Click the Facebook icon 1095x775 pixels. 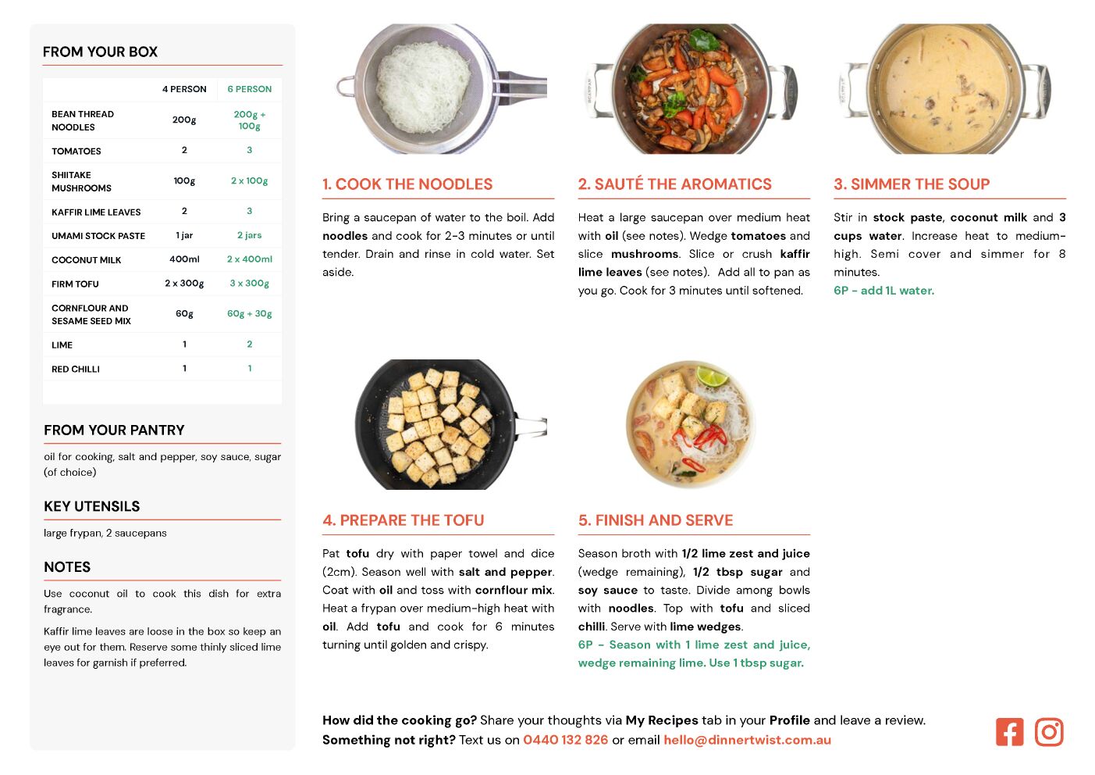pos(1009,732)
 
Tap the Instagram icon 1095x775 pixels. pos(1048,732)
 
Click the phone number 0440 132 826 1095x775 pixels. pos(565,740)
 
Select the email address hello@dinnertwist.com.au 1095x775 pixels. pos(747,740)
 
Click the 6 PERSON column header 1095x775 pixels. pos(249,89)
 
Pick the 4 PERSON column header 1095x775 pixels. pos(184,89)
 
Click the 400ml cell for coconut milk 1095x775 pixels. pos(184,259)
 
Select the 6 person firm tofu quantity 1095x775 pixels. pos(249,284)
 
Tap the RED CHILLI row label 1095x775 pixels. pos(76,370)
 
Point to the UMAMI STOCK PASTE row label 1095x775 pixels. pos(98,236)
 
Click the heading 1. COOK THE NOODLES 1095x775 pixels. pos(407,184)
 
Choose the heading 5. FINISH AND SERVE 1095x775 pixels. pos(656,520)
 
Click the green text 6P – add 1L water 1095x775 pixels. pos(883,291)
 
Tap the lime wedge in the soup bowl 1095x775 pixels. pos(712,376)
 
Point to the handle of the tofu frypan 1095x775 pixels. pos(532,426)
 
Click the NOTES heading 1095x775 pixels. pos(67,567)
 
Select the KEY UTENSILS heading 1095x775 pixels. pos(92,506)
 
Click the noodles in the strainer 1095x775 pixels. pos(423,87)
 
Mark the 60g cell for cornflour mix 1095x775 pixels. pos(184,313)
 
